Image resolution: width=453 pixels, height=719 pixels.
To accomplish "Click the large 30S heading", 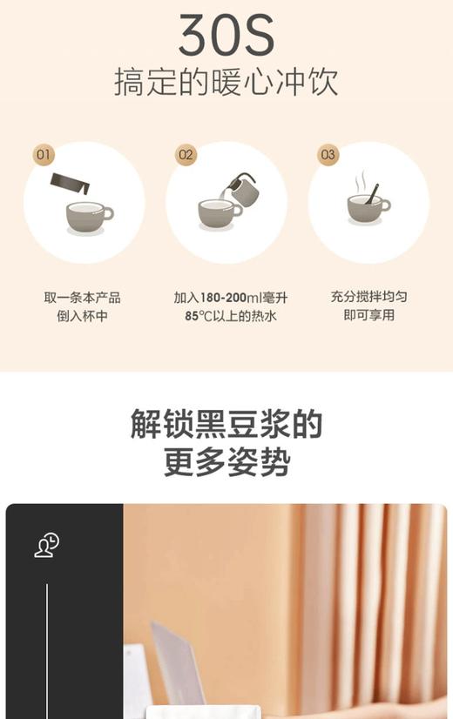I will coord(226,35).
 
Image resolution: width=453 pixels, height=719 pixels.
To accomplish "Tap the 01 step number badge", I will coord(44,156).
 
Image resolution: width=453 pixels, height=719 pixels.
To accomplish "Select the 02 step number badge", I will coord(186,156).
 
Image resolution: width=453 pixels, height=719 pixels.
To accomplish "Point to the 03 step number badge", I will coord(328,156).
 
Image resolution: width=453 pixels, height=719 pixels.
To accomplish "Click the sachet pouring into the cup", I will coord(71,184).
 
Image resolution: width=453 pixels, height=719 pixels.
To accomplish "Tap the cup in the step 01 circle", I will coord(88,214).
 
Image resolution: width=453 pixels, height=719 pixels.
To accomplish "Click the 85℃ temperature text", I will coord(199,316).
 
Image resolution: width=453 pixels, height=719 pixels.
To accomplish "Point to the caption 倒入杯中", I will coord(83,316).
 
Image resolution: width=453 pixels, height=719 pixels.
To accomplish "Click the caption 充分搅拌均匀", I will coord(368,297).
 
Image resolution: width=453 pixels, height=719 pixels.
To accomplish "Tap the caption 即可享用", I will coord(368,315).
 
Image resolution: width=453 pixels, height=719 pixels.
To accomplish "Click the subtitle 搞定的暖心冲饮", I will coord(226,82).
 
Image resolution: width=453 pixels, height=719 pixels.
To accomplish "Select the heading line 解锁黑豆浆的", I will coord(226,425).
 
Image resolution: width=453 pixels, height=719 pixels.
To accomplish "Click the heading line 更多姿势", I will coord(226,462).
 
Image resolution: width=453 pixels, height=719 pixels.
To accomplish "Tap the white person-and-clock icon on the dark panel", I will coord(46,546).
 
